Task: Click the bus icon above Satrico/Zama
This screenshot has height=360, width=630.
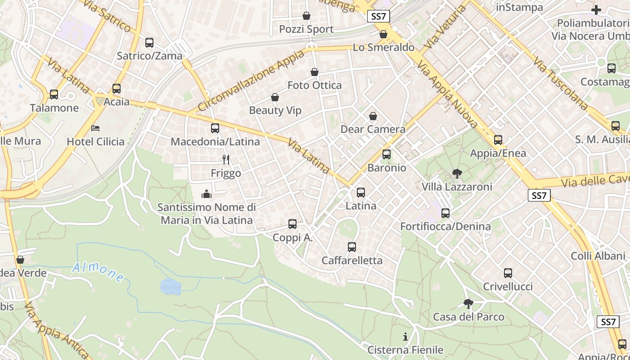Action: (149, 43)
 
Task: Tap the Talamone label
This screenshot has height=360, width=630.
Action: (54, 108)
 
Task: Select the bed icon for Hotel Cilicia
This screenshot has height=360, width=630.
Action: (95, 128)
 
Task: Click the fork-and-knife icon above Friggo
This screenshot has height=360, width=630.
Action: (226, 159)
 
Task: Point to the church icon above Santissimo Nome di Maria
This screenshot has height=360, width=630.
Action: (207, 194)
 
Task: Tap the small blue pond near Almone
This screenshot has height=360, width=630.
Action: (171, 286)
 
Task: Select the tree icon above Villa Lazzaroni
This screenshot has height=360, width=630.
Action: (457, 173)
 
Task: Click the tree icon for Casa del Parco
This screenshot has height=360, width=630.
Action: (468, 303)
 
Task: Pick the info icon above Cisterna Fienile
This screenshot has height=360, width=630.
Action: (405, 337)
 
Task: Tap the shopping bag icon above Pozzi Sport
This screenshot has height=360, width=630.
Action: (306, 16)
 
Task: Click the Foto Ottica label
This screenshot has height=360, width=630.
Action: (315, 85)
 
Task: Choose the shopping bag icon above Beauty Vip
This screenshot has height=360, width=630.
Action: (275, 97)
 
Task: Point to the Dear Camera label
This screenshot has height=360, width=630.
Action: (373, 130)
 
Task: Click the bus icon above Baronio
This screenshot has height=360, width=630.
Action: (387, 154)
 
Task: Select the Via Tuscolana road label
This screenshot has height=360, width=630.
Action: (560, 84)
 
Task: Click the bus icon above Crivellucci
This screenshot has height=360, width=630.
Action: (508, 273)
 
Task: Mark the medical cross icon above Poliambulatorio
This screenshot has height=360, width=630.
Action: (596, 9)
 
